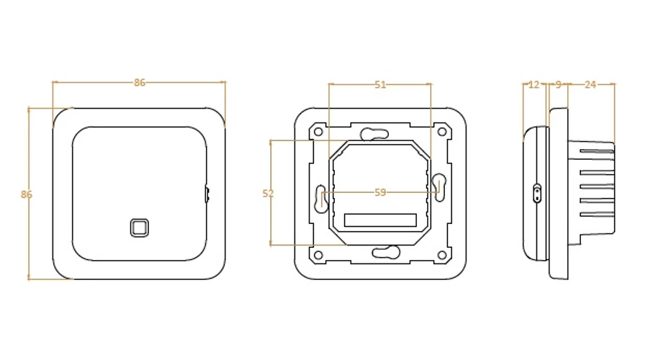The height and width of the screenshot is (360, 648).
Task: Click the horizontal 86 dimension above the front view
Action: (140, 83)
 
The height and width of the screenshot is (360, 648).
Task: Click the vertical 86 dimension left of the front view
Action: (27, 194)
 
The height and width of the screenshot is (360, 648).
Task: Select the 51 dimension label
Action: (380, 85)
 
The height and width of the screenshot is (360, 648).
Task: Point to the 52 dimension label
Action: (269, 193)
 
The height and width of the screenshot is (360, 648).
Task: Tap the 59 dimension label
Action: (380, 192)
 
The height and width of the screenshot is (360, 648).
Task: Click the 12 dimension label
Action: (534, 85)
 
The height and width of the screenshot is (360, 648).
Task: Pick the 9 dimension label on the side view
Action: (559, 85)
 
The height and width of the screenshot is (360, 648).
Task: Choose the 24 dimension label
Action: (590, 85)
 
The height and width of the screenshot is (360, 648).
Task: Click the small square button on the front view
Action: (139, 228)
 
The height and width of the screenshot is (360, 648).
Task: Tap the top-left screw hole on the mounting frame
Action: (318, 132)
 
